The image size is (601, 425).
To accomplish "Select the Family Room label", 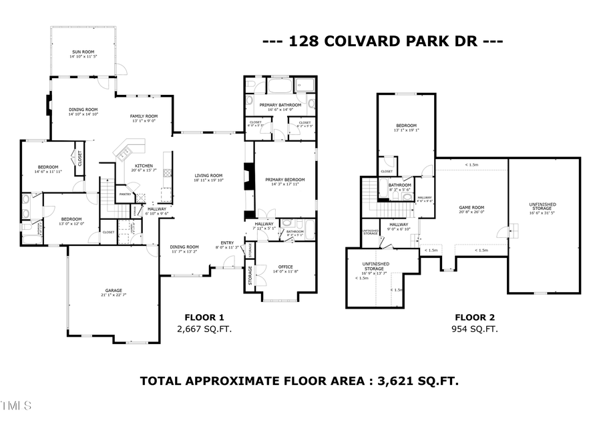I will pos(144,118).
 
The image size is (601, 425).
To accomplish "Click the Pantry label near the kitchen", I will pos(125,194).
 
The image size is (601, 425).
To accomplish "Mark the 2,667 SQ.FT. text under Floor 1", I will pos(204,329).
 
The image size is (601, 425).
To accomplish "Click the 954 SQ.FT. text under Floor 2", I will pos(475,329).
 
